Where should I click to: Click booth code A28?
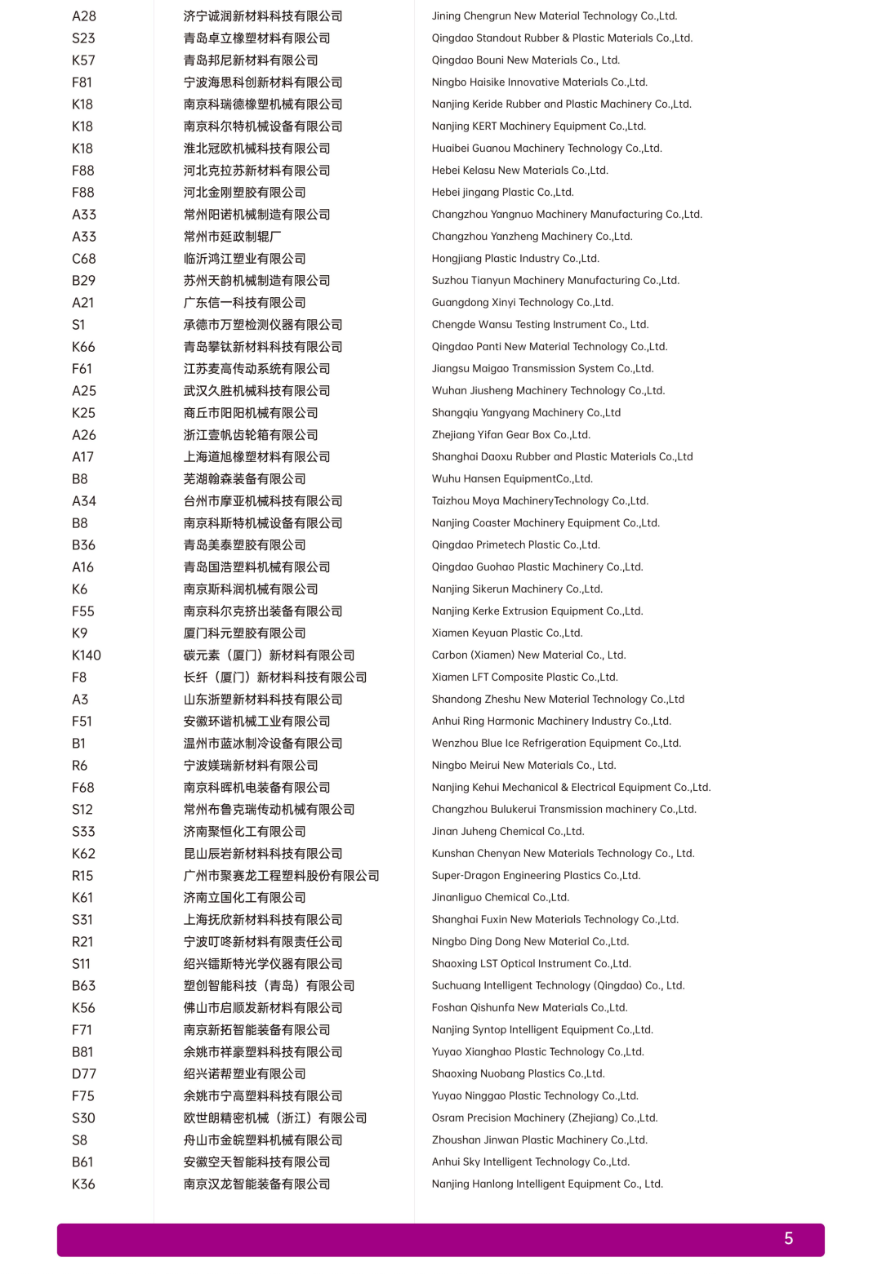[84, 16]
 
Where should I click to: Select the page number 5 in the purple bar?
[788, 1238]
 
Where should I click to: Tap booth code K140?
[87, 655]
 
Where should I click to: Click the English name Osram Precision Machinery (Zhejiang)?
[544, 1118]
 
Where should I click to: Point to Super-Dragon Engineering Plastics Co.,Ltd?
[536, 876]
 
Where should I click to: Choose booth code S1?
[78, 325]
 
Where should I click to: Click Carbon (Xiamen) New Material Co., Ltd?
[528, 655]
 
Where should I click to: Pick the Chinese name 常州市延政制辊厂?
[233, 237]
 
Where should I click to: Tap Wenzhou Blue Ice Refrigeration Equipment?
[556, 744]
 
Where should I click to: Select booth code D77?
[84, 1074]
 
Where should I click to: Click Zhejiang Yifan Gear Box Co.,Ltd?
[510, 435]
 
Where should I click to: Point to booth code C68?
[84, 259]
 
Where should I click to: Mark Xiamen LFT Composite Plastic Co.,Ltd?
[524, 677]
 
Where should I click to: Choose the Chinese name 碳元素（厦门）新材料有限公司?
[269, 655]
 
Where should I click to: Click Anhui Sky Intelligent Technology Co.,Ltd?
[530, 1162]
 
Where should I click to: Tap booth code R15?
[82, 876]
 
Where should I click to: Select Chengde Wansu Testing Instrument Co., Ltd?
[540, 325]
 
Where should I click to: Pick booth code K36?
[83, 1184]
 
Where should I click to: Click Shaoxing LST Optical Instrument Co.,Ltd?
[531, 964]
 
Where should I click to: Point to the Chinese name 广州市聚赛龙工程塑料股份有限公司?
[282, 876]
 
